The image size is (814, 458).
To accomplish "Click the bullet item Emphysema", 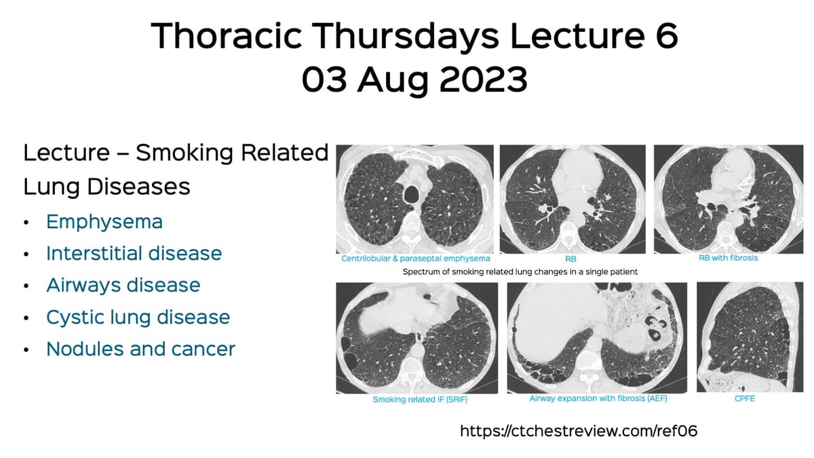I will [x=104, y=222].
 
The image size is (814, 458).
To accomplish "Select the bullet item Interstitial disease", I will [x=134, y=253].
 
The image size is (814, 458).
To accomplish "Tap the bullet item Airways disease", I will [x=123, y=285].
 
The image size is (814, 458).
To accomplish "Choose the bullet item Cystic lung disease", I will [x=138, y=317].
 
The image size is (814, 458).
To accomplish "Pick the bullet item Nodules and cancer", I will [x=140, y=349].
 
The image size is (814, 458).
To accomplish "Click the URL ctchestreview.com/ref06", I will [x=579, y=431].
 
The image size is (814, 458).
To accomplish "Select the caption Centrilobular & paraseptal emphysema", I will [x=416, y=259].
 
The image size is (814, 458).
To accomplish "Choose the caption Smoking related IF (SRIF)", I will [x=421, y=400].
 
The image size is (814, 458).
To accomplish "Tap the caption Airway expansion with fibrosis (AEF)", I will [x=598, y=399].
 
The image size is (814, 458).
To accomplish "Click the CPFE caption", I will [x=744, y=399].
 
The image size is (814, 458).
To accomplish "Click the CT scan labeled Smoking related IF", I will [x=416, y=337].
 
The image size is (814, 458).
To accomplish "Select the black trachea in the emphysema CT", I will [x=411, y=195].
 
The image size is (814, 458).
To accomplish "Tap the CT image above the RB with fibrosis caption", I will [x=728, y=198].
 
